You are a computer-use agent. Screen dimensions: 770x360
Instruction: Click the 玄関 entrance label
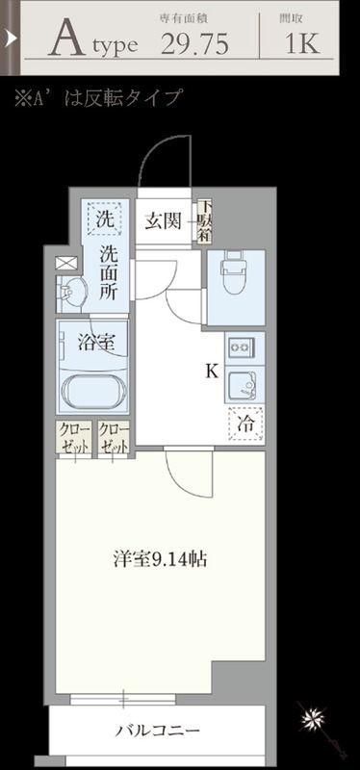click(164, 223)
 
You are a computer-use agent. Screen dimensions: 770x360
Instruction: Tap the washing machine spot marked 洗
click(104, 219)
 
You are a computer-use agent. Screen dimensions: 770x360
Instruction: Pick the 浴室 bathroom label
click(94, 342)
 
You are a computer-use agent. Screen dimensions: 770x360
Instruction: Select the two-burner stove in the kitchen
click(240, 346)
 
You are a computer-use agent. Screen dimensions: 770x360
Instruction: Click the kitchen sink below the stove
click(240, 385)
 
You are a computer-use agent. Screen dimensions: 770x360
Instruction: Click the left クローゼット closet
click(74, 439)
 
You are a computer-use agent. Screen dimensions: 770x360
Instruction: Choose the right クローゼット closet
click(114, 439)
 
